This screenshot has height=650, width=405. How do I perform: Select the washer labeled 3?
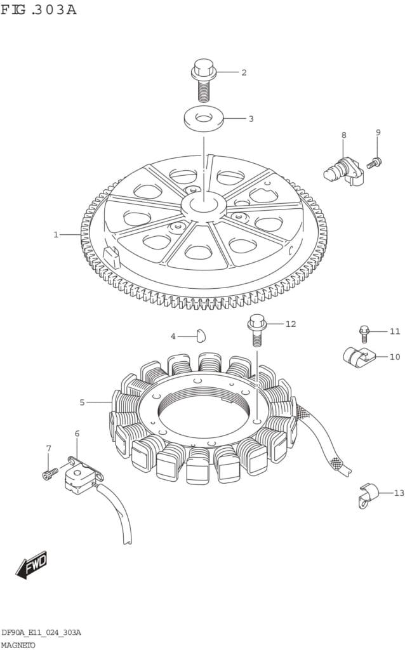pyautogui.click(x=204, y=118)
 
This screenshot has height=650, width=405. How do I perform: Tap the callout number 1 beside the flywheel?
pyautogui.click(x=56, y=235)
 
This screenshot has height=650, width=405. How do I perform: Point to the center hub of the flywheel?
pyautogui.click(x=204, y=204)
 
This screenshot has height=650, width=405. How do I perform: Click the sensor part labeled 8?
pyautogui.click(x=343, y=172)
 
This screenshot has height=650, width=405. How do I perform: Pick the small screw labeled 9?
pyautogui.click(x=375, y=162)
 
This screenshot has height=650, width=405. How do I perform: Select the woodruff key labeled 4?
pyautogui.click(x=201, y=335)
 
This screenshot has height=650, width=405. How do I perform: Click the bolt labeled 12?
pyautogui.click(x=256, y=329)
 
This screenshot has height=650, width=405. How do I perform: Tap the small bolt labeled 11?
pyautogui.click(x=364, y=334)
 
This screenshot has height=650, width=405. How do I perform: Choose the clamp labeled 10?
pyautogui.click(x=359, y=356)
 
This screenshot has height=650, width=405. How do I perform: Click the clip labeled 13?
pyautogui.click(x=368, y=495)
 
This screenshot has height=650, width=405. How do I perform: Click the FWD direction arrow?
pyautogui.click(x=32, y=564)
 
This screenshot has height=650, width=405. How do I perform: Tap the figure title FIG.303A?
pyautogui.click(x=39, y=9)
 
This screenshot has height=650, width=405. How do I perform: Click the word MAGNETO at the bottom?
pyautogui.click(x=18, y=645)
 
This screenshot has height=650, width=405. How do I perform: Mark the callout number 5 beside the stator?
pyautogui.click(x=82, y=402)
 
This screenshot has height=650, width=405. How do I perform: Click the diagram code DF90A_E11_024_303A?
pyautogui.click(x=41, y=632)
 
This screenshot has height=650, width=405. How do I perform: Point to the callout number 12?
pyautogui.click(x=291, y=324)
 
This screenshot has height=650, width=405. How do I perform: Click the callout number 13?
pyautogui.click(x=399, y=493)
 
